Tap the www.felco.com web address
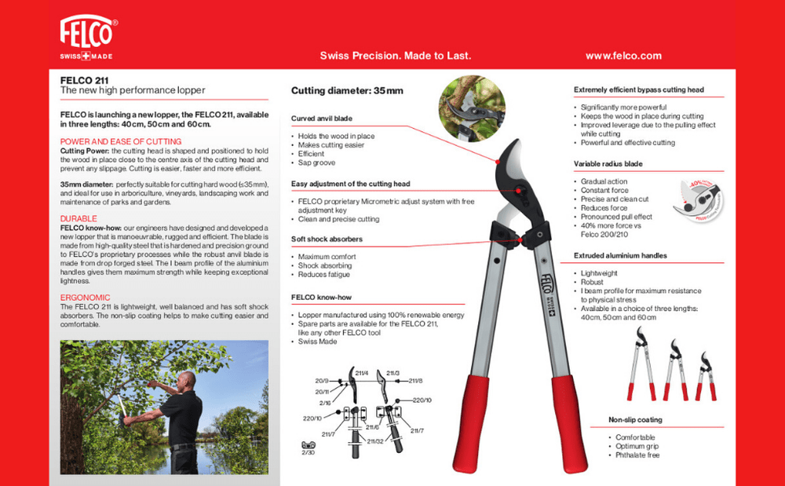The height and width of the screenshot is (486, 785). coord(623,56)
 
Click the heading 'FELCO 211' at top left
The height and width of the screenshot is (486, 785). coord(85,80)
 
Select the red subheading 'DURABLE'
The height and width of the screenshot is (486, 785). coord(78,218)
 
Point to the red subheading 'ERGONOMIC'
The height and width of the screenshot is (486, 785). coord(85,298)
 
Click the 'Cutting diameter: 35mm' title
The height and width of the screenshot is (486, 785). coord(347,91)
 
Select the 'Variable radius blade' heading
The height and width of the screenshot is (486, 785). coord(608,164)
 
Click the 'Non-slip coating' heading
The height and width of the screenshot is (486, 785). coord(636,420)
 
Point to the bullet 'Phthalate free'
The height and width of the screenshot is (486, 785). coord(637,455)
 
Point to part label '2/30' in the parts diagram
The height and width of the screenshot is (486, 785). coord(308,453)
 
